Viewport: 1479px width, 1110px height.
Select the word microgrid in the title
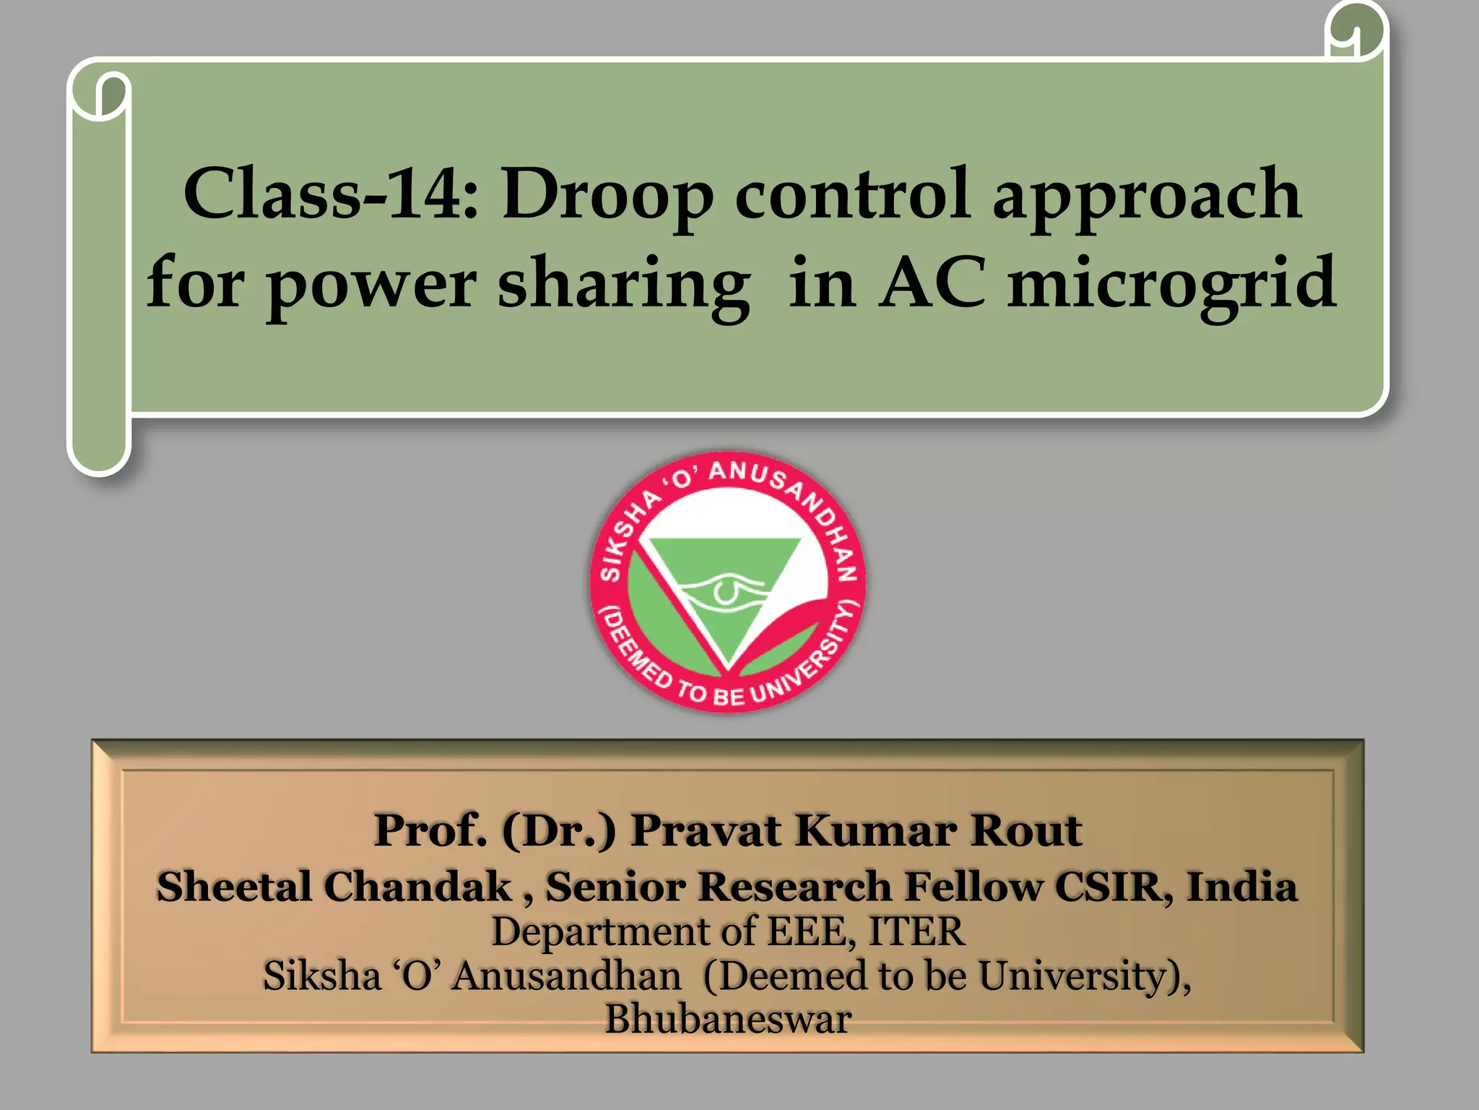[1171, 283]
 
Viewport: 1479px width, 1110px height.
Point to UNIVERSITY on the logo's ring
[809, 661]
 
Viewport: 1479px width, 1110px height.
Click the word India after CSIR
[1241, 887]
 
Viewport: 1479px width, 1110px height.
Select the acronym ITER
[916, 932]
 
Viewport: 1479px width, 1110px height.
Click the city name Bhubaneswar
[728, 1020]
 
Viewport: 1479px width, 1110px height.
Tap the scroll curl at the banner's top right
[1356, 33]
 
